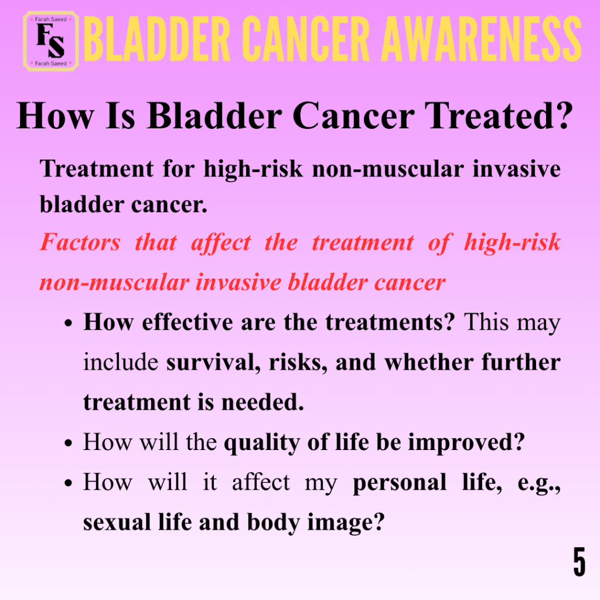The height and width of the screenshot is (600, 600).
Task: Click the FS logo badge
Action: coord(51,42)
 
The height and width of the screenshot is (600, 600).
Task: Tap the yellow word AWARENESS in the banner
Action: coord(482,39)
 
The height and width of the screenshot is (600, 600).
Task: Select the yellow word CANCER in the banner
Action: coord(306,39)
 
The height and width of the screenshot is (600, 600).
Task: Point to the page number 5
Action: coord(579,561)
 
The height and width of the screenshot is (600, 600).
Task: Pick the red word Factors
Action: coord(80,242)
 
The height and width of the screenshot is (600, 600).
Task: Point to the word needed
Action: coord(263,402)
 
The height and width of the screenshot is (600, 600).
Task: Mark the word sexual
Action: coord(117,523)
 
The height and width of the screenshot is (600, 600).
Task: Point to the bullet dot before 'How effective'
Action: coord(69,323)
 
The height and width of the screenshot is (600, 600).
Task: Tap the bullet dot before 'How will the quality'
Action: coord(69,444)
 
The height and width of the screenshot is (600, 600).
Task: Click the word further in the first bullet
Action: coord(521,362)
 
